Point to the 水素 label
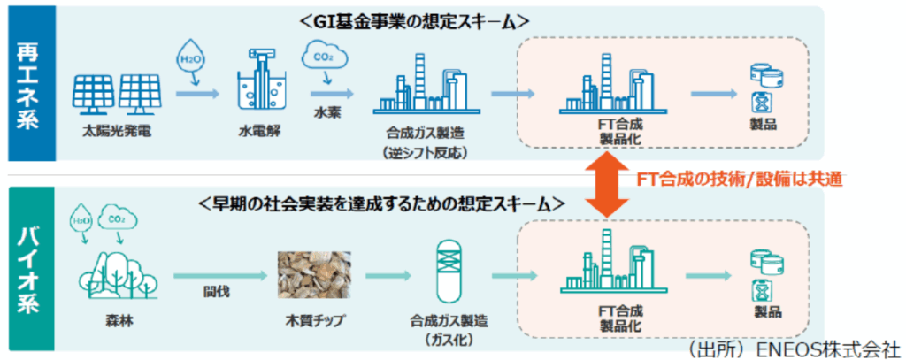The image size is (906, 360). click(326, 113)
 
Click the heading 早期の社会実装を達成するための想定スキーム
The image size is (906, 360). click(394, 203)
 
